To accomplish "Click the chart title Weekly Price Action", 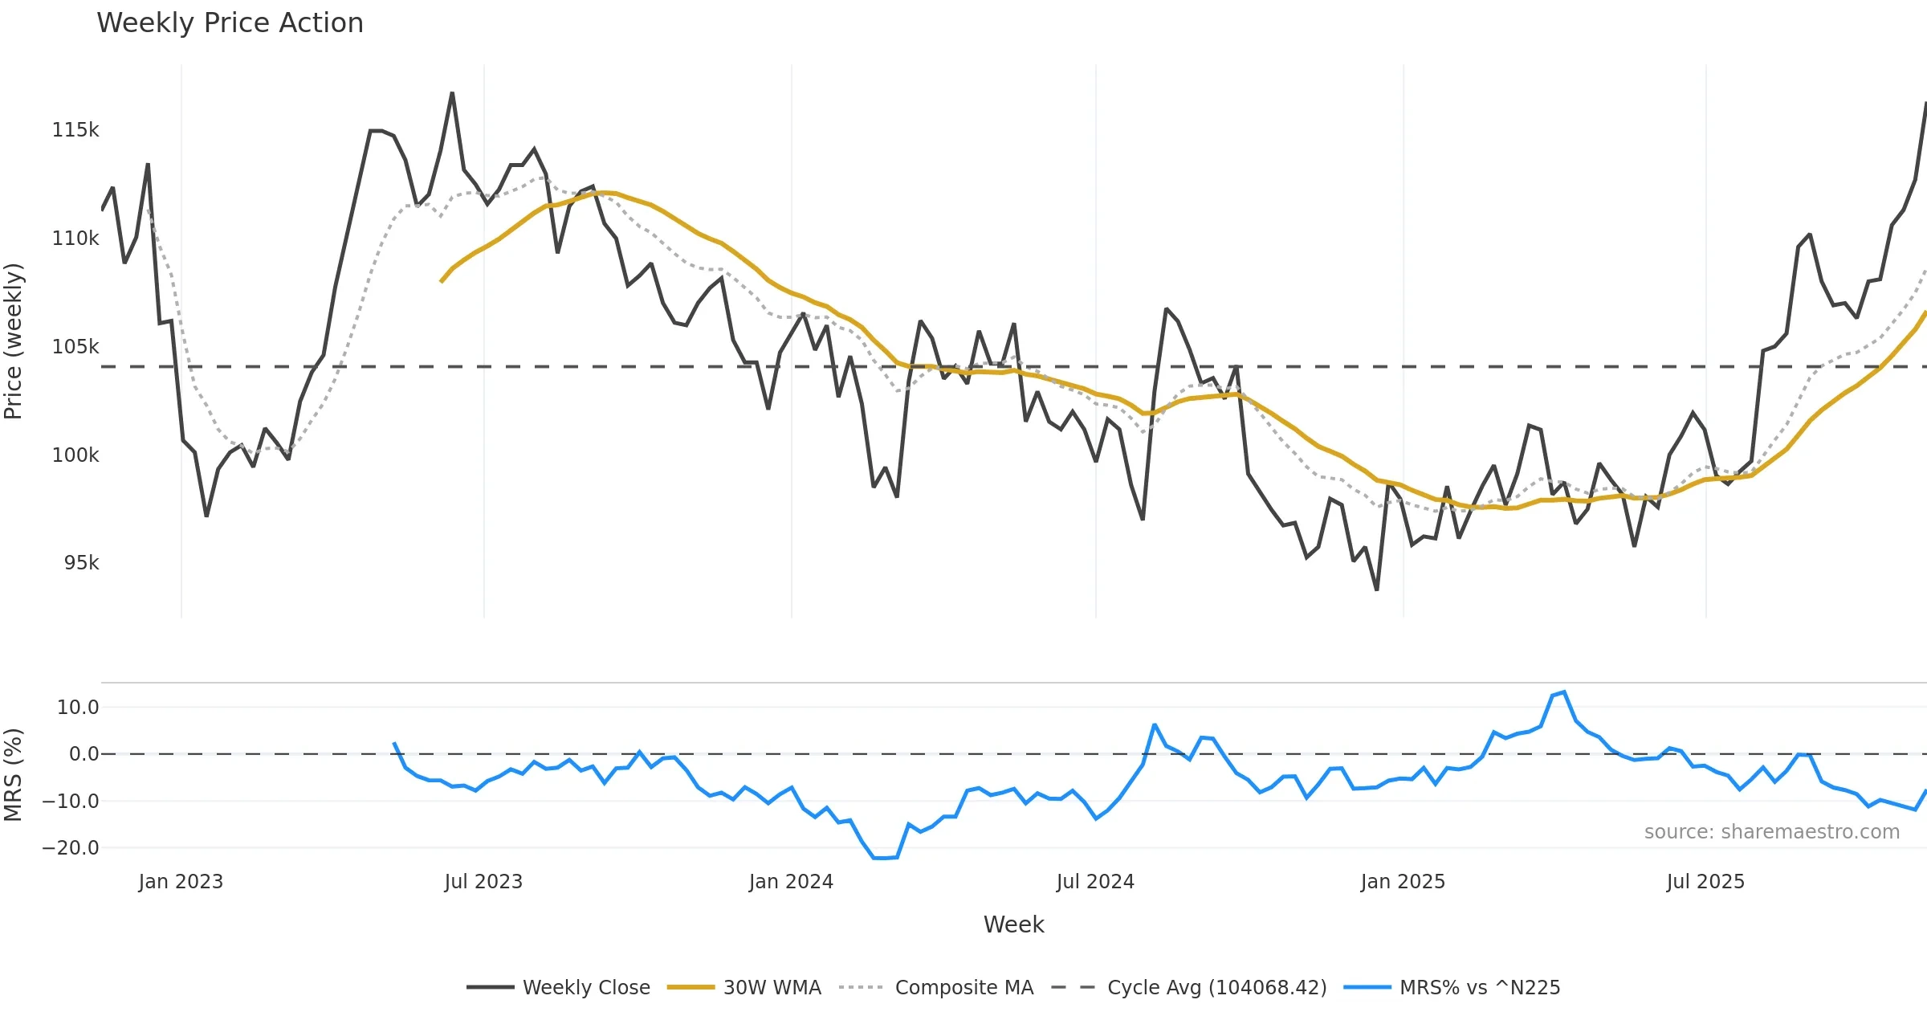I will tap(230, 23).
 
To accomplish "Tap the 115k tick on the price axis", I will tap(75, 130).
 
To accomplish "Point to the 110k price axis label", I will tap(75, 239).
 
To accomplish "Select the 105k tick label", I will tap(75, 347).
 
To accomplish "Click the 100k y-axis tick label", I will tap(75, 455).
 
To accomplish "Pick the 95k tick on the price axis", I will tap(81, 563).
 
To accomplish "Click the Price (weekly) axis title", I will tap(14, 341).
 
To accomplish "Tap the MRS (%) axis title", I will tap(14, 775).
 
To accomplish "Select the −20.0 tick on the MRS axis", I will tap(71, 848).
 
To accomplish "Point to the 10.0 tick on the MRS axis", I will tap(78, 708).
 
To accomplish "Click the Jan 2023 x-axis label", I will tap(181, 882).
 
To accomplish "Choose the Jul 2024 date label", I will tap(1095, 882).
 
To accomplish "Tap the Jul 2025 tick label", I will tap(1705, 882).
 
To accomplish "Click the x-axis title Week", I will tap(1013, 925).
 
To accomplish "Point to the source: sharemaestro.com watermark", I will tap(1771, 832).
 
